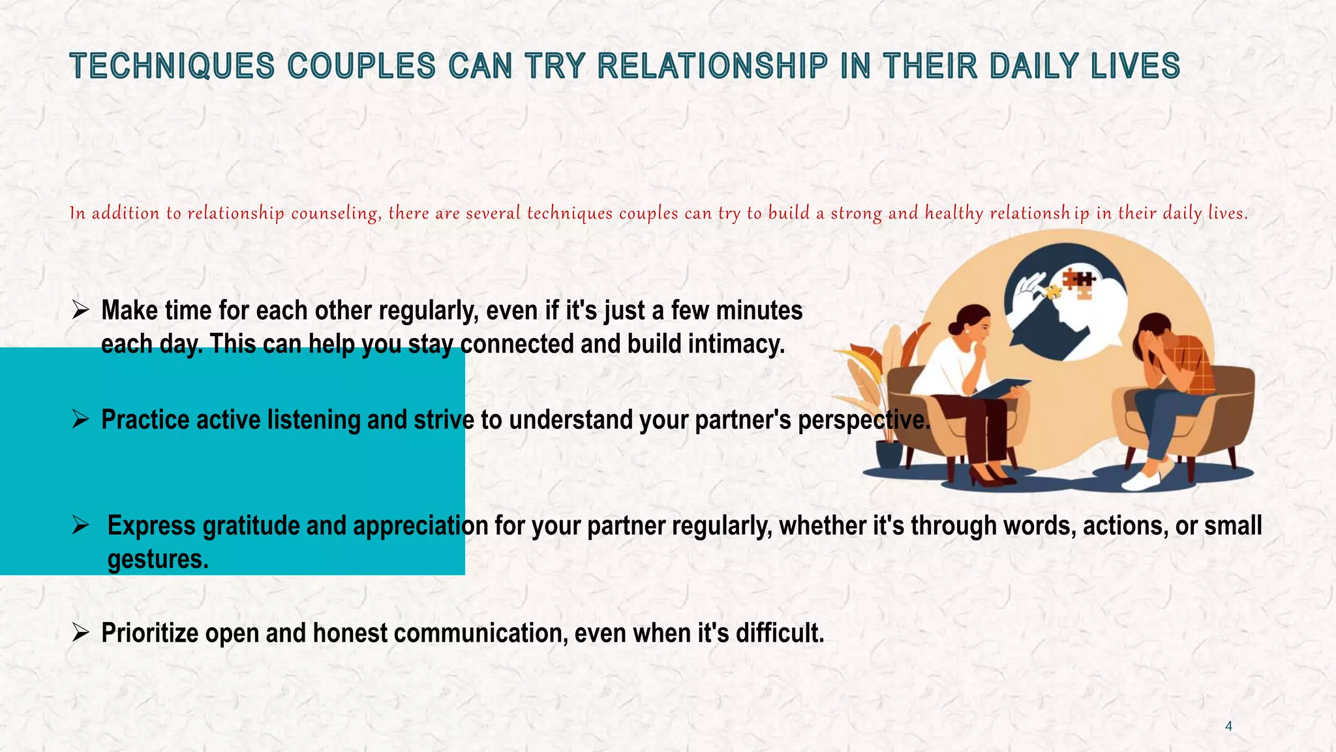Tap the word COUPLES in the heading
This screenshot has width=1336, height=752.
coord(361,67)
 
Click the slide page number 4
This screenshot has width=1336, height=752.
coord(1228,726)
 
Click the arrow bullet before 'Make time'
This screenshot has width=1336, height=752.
coord(80,311)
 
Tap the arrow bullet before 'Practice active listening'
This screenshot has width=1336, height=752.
coord(80,420)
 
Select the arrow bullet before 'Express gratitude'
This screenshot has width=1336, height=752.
coord(80,525)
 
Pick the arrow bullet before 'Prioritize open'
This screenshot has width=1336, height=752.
coord(80,633)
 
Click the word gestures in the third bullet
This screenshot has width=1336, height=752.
coord(157,559)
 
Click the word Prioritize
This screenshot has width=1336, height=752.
coord(149,633)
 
